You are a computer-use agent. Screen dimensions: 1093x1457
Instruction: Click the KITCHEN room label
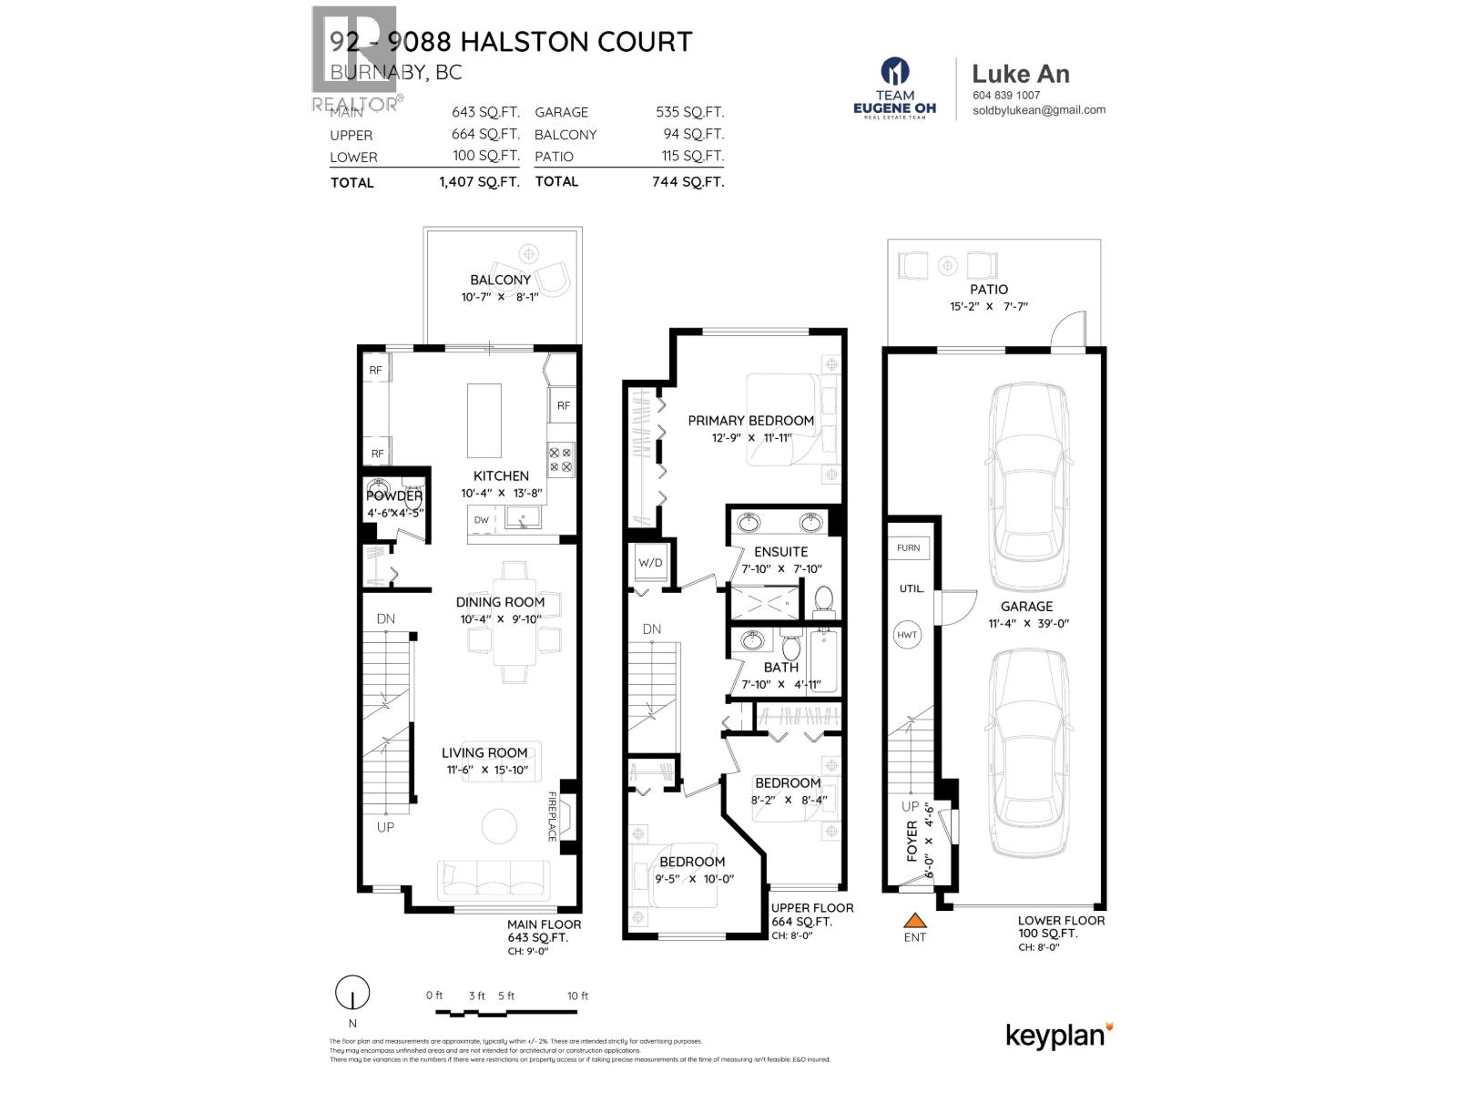coord(501,475)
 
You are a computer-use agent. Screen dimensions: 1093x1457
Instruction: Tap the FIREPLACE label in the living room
coord(552,816)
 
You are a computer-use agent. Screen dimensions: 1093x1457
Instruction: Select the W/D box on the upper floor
coord(650,563)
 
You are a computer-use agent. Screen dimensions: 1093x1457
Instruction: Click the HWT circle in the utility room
coord(907,635)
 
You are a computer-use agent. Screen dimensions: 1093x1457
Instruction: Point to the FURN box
coord(908,547)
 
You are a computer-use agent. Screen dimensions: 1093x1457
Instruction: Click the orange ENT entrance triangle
coord(914,919)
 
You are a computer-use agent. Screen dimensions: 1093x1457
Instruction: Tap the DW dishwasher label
coord(481,520)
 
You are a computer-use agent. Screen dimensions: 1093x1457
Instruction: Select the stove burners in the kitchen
coord(561,459)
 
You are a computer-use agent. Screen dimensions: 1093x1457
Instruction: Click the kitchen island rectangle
coord(484,420)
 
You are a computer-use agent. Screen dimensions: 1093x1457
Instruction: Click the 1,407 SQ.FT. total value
coord(479,182)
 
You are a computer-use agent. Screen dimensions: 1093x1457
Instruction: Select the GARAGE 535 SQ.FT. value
coord(689,112)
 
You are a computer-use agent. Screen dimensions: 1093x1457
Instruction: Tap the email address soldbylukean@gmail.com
coord(1038,109)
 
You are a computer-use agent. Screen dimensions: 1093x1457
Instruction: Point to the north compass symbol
coord(352,993)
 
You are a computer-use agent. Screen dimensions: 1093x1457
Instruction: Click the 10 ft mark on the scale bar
coord(577,996)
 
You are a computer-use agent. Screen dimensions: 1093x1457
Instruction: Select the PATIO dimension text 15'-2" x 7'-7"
coord(988,307)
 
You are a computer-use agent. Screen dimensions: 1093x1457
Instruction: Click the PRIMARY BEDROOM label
coord(750,421)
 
